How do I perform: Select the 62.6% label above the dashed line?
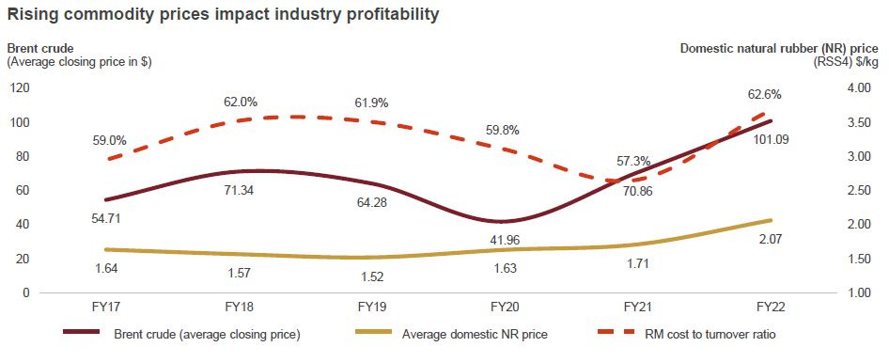point(763,94)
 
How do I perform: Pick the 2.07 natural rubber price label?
point(772,241)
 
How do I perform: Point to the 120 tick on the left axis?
point(19,88)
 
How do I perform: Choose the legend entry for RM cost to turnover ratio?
point(695,334)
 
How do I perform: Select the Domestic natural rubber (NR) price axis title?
point(780,47)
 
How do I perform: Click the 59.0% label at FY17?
point(110,140)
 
